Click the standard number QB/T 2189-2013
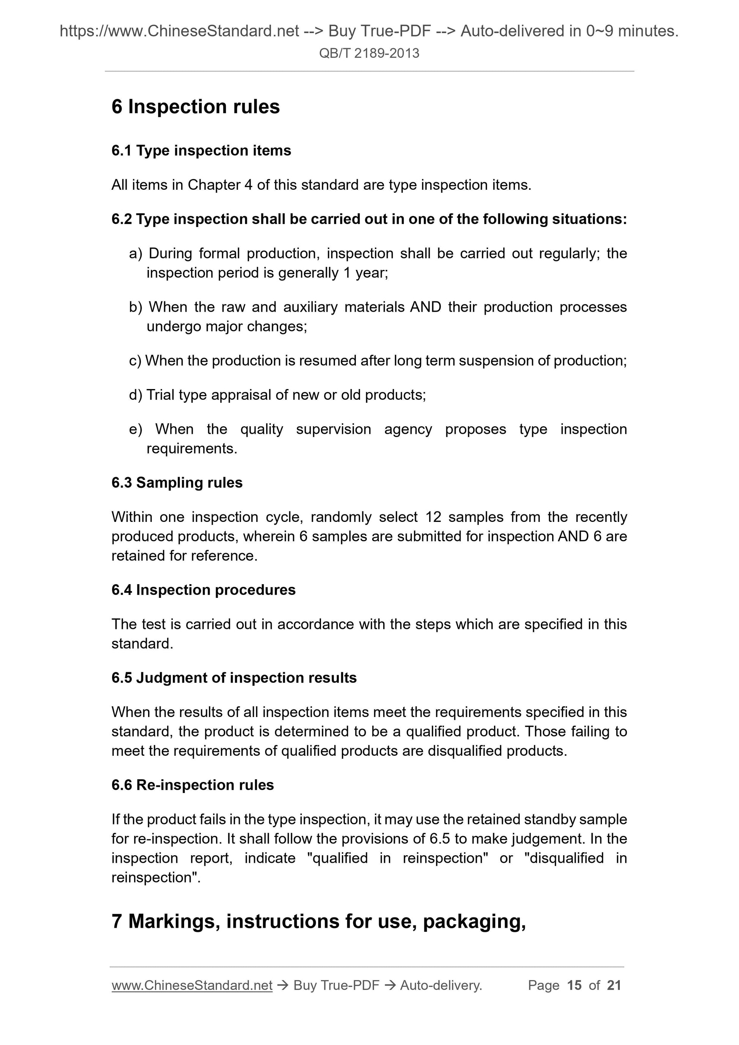pyautogui.click(x=369, y=53)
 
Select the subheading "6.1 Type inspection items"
pyautogui.click(x=201, y=151)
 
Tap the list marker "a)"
pyautogui.click(x=136, y=253)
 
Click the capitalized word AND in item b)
pyautogui.click(x=425, y=307)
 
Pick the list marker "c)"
pyautogui.click(x=135, y=361)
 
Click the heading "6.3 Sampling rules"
pyautogui.click(x=177, y=482)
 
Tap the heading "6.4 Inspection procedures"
pyautogui.click(x=203, y=590)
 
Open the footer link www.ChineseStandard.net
pyautogui.click(x=192, y=985)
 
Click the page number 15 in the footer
pyautogui.click(x=574, y=985)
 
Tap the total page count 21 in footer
pyautogui.click(x=614, y=985)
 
